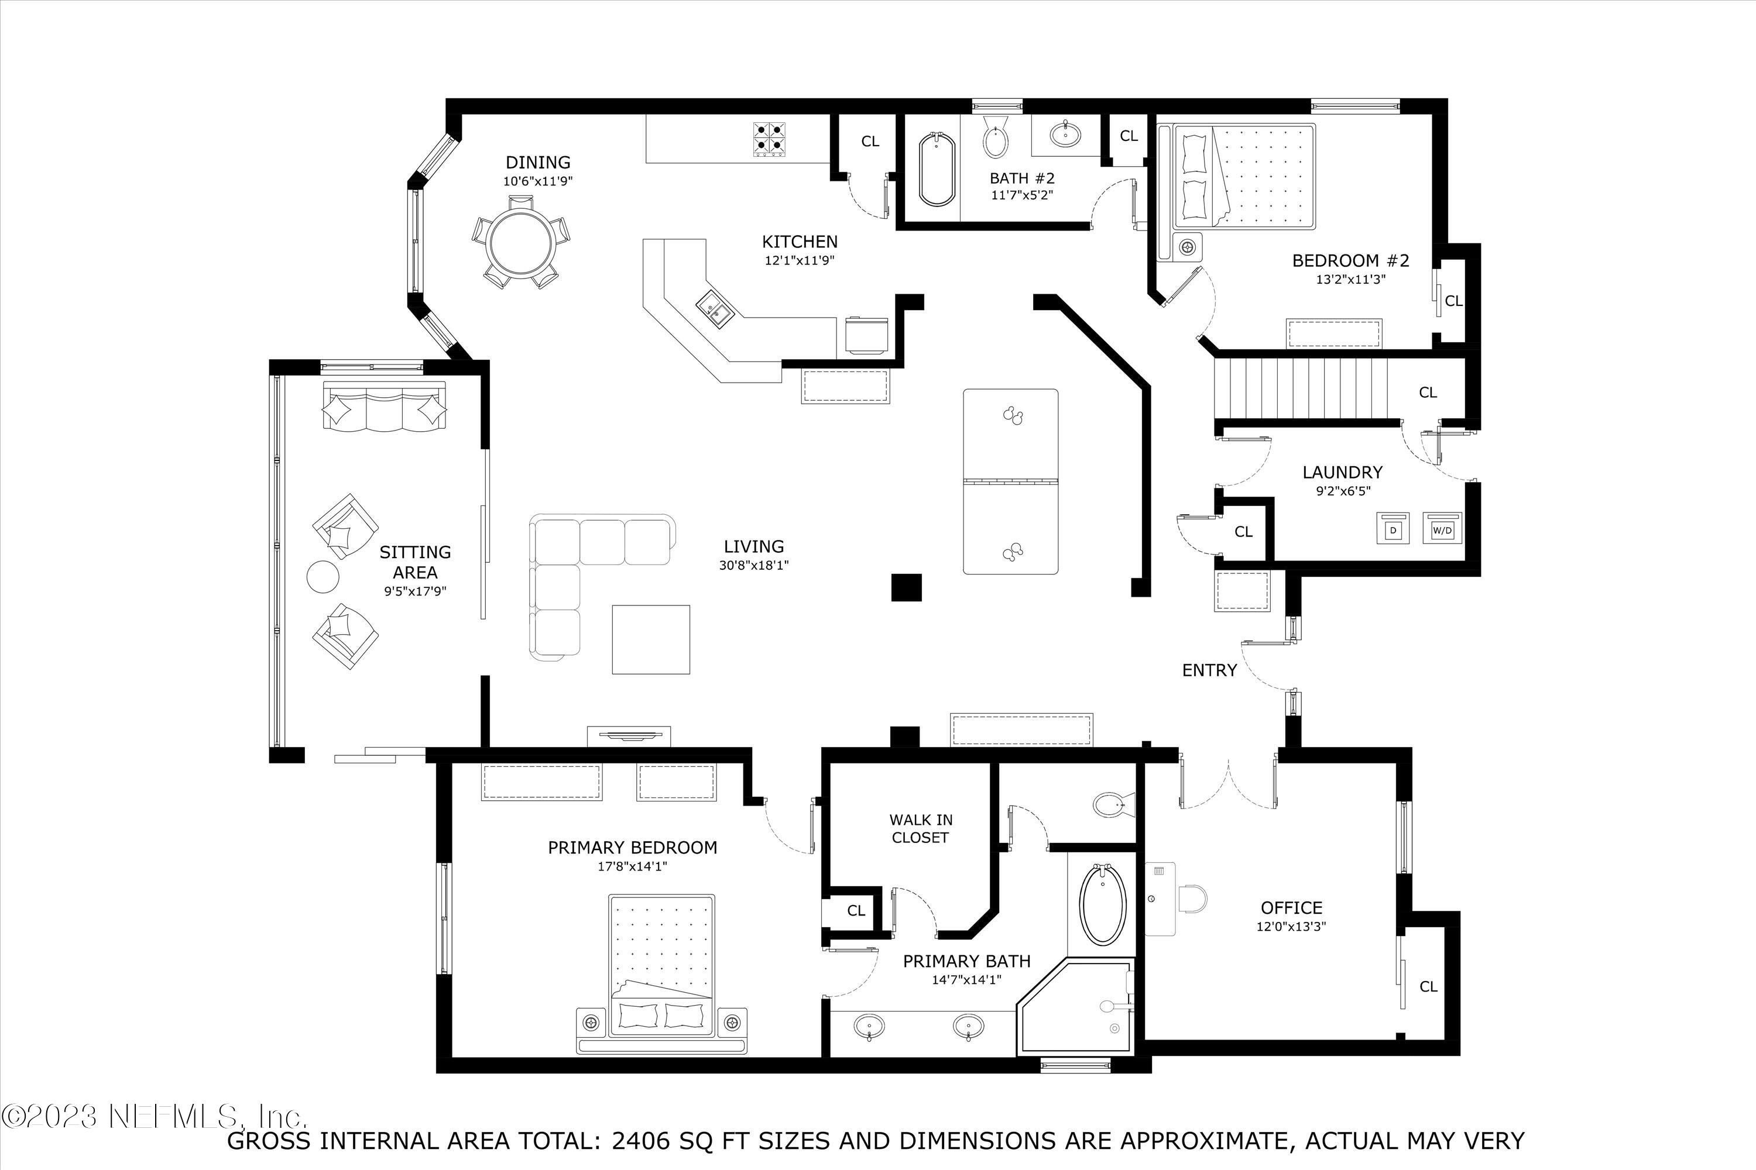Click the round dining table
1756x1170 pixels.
point(520,240)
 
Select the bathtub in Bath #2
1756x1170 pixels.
point(935,170)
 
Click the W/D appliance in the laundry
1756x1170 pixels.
point(1442,529)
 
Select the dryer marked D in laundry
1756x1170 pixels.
point(1393,529)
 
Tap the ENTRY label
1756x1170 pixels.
point(1209,670)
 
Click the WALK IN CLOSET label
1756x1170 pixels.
point(921,828)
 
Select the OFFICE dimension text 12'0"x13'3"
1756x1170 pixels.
point(1291,927)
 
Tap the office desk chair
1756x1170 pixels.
point(1192,899)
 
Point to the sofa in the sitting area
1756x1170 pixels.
point(384,406)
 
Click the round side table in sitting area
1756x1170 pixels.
point(323,577)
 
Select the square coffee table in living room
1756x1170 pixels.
point(650,639)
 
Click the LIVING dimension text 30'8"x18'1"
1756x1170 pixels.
point(753,566)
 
